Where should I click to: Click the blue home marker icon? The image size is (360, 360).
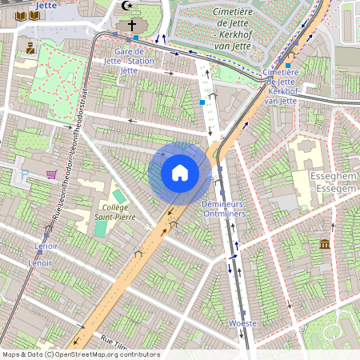(x=179, y=172)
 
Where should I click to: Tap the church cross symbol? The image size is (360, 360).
(x=132, y=25)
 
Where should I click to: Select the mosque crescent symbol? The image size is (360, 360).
(x=125, y=5)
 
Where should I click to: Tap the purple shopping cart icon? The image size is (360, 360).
(x=52, y=175)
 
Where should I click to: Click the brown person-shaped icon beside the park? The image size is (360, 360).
(x=30, y=49)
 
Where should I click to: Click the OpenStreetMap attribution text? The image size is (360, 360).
(x=80, y=354)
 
